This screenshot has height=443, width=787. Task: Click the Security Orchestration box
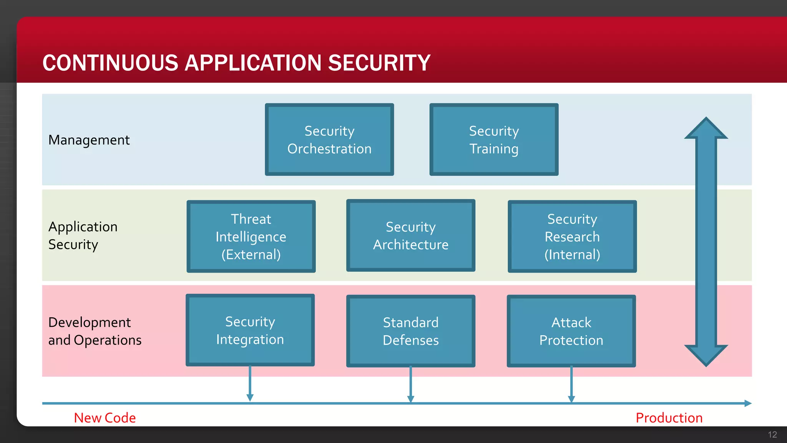[329, 140]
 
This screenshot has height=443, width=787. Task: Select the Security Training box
[494, 140]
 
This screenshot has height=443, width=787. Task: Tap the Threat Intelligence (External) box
[251, 236]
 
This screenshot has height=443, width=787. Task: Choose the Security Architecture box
[410, 235]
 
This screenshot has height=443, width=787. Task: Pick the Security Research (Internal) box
[572, 236]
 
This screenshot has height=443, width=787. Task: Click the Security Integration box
[250, 330]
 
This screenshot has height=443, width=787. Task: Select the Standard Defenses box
[410, 331]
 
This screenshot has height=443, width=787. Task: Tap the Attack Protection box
[571, 331]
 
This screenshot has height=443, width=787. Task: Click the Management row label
[89, 140]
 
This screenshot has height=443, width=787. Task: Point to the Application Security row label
[83, 235]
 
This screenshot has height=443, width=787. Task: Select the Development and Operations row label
[95, 331]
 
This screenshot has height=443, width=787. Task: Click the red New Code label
[105, 418]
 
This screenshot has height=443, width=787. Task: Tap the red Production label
[669, 418]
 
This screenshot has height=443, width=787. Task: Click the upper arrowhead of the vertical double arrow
[706, 129]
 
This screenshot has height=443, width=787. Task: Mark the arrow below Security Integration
[250, 385]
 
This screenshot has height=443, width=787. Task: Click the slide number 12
[772, 435]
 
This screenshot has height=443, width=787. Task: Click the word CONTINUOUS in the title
[110, 63]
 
